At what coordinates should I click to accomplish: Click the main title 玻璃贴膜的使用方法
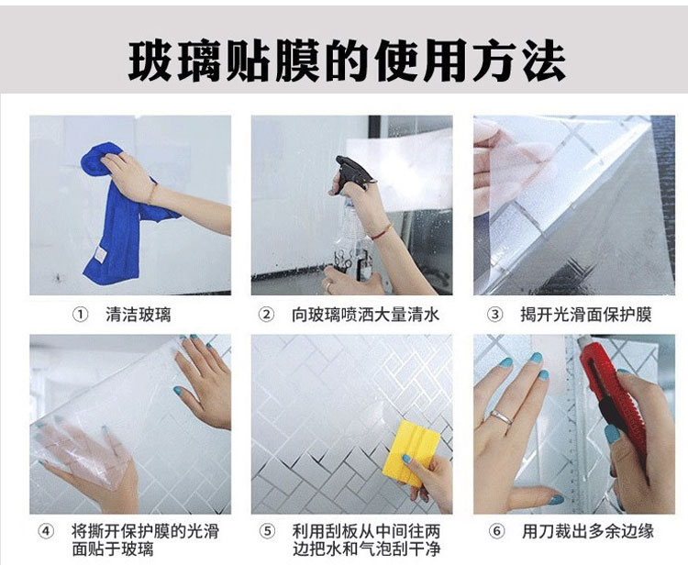[347, 61]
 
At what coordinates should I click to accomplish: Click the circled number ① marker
[81, 315]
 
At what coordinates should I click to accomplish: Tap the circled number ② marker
[266, 315]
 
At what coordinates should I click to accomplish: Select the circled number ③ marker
[495, 315]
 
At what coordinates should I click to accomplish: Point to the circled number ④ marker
[46, 532]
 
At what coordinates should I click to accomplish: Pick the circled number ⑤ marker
[267, 532]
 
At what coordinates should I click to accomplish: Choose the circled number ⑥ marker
[496, 532]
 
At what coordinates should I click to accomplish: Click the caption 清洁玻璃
[138, 315]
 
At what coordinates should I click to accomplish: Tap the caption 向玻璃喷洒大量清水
[365, 315]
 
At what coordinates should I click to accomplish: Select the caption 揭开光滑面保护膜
[586, 315]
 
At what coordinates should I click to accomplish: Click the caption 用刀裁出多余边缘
[587, 531]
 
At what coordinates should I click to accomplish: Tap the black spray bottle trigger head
[352, 172]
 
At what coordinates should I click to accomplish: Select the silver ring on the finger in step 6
[503, 416]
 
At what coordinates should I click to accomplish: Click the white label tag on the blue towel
[101, 255]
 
